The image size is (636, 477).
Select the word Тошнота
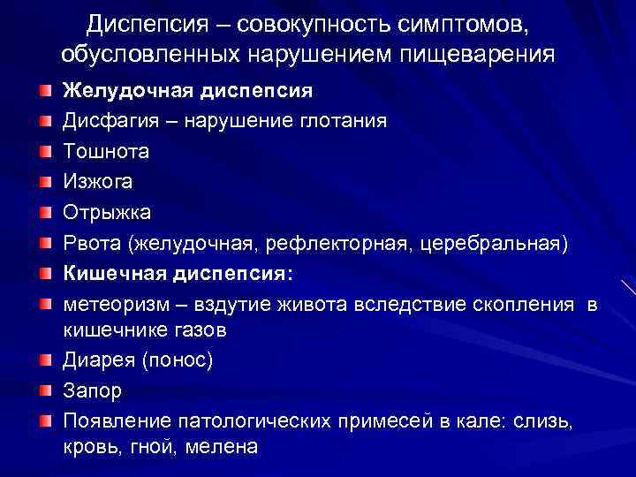[105, 151]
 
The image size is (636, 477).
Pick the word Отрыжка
[107, 212]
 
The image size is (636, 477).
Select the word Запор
[92, 391]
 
